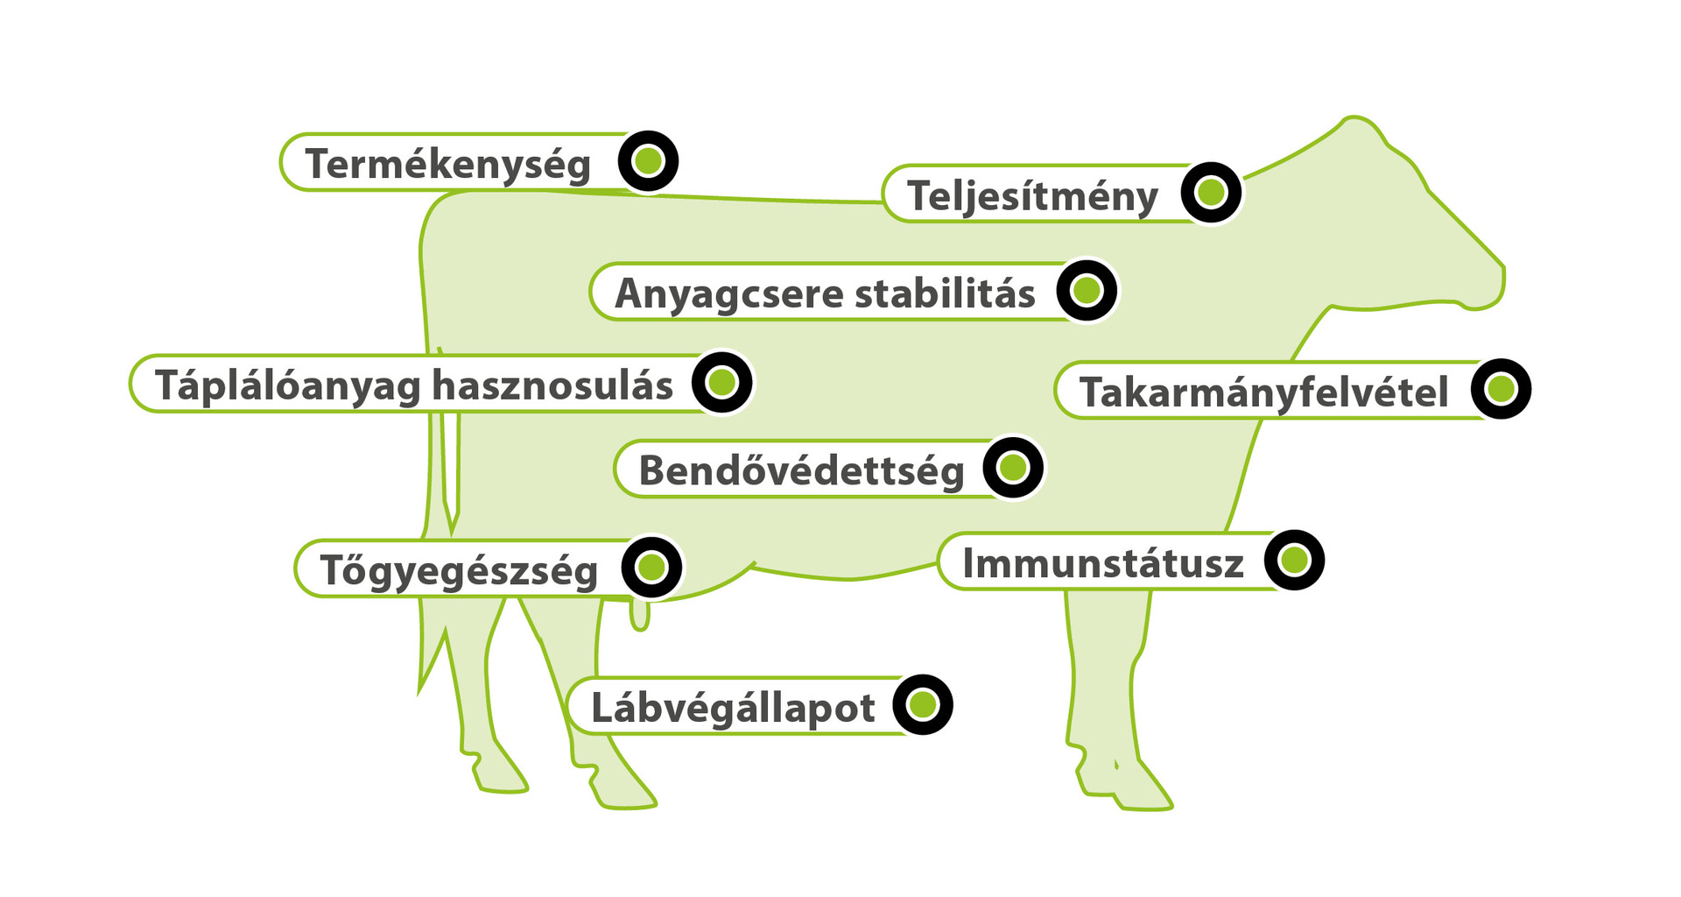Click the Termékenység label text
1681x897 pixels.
pos(447,165)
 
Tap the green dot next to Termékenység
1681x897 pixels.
pos(648,161)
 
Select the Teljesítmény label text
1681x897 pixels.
pos(1032,195)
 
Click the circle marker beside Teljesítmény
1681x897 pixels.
pos(1211,192)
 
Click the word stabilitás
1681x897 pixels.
pos(945,293)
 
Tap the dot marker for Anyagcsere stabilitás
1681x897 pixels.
pos(1087,290)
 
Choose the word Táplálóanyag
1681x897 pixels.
pos(288,385)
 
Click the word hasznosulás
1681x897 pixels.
pos(552,385)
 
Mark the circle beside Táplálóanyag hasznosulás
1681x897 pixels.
pos(722,382)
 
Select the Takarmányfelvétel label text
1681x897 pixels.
pos(1263,392)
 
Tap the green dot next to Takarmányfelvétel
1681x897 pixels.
pos(1501,389)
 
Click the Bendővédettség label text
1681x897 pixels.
pos(801,471)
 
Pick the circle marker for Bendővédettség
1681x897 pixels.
pos(1013,468)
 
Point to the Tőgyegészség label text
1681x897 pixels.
pos(459,570)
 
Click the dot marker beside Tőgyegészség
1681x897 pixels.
pos(651,567)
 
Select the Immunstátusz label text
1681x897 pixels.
pos(1103,563)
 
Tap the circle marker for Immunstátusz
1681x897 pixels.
pos(1294,560)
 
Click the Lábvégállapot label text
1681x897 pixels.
pos(733,708)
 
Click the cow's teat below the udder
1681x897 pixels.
pos(640,615)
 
